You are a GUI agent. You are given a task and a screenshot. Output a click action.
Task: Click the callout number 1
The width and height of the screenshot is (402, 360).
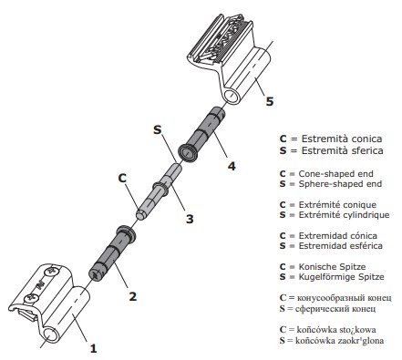93,348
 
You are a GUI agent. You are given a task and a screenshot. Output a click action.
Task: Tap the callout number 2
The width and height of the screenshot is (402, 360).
133,296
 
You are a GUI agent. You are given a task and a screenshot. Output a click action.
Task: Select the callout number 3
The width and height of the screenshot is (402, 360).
190,219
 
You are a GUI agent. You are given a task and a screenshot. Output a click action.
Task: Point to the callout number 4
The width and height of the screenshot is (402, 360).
232,166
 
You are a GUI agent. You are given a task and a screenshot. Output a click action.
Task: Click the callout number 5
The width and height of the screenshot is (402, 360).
270,101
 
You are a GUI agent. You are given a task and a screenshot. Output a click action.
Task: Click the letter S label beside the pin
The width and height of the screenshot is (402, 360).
157,130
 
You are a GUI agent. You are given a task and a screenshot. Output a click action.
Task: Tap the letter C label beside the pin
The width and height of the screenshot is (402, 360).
122,178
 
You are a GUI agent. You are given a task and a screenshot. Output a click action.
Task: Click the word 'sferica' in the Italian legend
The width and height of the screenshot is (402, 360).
367,150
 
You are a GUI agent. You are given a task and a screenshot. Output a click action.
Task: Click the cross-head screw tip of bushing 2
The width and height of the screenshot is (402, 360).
95,275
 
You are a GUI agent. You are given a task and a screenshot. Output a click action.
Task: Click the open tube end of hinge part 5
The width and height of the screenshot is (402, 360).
232,96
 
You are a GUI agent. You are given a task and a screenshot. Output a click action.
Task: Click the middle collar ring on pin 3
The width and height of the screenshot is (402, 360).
161,188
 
